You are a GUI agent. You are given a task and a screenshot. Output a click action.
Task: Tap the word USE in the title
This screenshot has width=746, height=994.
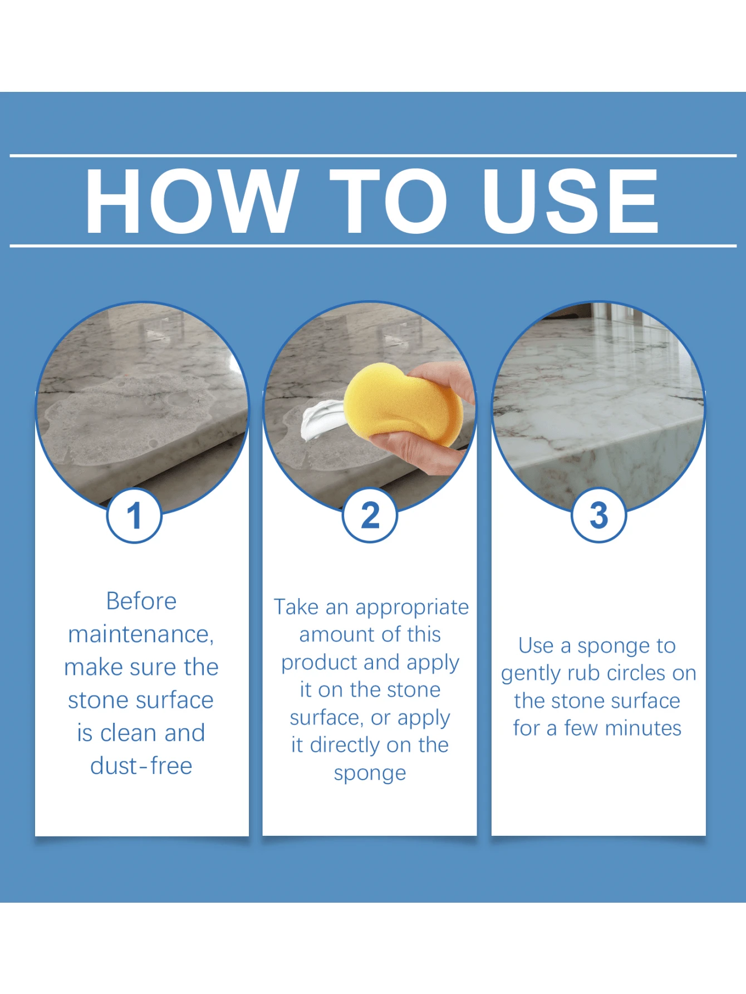click(571, 201)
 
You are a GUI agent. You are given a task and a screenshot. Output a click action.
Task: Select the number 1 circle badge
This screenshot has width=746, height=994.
click(134, 516)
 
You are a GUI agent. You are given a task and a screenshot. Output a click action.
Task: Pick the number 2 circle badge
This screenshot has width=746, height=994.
click(370, 516)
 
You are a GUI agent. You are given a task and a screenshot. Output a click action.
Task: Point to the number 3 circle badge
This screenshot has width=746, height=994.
click(599, 516)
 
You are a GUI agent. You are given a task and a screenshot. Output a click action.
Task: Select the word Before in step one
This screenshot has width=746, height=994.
click(141, 601)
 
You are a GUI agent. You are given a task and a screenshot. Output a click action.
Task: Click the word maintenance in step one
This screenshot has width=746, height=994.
click(139, 635)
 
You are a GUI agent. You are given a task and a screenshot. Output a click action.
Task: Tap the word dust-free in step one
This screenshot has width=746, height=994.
click(141, 766)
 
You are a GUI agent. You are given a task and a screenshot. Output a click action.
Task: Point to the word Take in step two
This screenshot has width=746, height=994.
click(296, 607)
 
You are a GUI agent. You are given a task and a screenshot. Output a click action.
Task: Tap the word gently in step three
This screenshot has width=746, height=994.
click(531, 674)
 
